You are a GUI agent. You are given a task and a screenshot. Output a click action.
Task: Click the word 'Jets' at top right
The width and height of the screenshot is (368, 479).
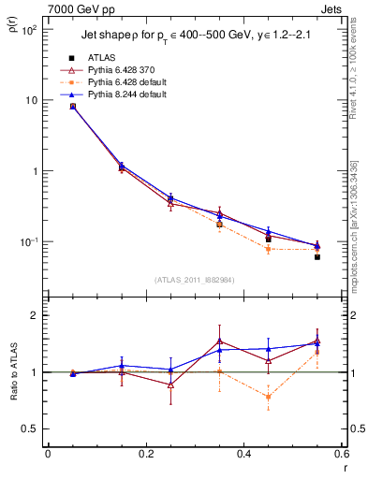[331, 8]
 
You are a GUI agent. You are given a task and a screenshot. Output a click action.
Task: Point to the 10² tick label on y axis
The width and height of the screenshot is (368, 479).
[26, 30]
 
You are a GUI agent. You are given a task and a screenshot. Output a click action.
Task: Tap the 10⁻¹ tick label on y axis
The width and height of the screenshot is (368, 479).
[26, 242]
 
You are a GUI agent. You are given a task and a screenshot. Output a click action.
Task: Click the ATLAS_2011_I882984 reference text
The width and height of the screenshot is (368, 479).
[194, 279]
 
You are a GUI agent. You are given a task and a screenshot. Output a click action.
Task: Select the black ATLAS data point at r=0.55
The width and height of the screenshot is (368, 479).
[317, 256]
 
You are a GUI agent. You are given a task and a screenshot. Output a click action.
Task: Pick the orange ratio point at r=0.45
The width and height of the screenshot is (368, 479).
[268, 397]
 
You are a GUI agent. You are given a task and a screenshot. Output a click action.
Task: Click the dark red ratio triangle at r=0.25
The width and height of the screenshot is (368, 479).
[170, 385]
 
